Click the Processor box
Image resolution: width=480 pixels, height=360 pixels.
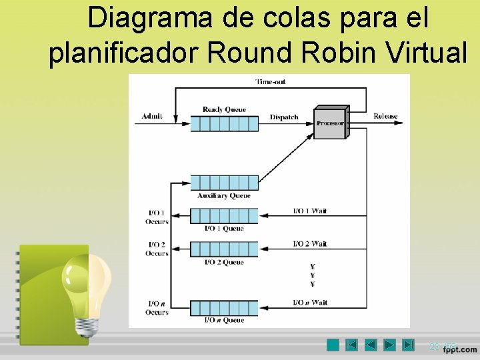(x=331, y=123)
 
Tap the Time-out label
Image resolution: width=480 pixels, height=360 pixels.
(x=271, y=82)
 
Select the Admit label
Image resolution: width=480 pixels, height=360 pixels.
(x=152, y=117)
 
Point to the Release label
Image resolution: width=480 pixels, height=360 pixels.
(x=385, y=117)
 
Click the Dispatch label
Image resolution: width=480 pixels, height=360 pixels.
(x=284, y=117)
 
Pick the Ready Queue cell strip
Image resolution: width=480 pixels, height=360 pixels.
(x=224, y=123)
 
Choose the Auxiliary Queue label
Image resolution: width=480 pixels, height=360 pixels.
(x=224, y=196)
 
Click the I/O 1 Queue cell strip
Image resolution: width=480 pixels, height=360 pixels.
(x=224, y=215)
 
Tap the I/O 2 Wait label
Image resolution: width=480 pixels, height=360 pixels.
(x=310, y=243)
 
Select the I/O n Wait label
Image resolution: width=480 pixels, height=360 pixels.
(x=310, y=303)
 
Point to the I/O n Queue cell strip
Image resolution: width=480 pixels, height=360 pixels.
(x=224, y=308)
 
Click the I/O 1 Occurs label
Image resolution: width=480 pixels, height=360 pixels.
(x=157, y=217)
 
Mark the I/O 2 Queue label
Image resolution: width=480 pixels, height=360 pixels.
(x=224, y=263)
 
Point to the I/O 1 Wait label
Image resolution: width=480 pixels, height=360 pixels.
(x=310, y=211)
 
